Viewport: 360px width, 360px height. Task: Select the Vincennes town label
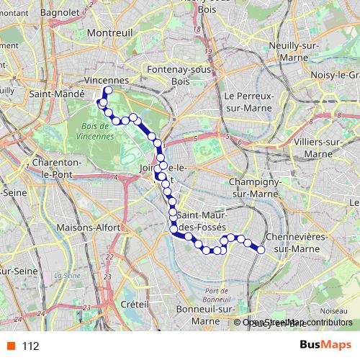[106, 80]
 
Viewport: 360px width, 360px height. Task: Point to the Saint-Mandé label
[50, 94]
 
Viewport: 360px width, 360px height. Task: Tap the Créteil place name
[135, 305]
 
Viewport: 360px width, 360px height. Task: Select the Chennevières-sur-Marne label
[297, 243]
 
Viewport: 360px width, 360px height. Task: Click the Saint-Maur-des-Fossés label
[202, 221]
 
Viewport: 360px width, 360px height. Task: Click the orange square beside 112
[10, 346]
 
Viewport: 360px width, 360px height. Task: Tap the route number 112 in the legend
[30, 346]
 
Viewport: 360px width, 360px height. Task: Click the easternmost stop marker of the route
[261, 250]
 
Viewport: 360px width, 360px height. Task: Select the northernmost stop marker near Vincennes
[107, 91]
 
